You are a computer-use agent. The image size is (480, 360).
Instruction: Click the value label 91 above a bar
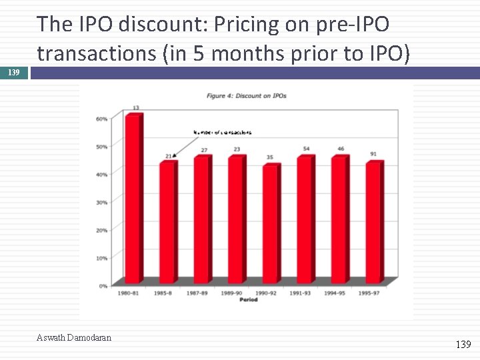tap(373, 154)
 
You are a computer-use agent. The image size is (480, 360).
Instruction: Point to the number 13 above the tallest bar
tap(135, 107)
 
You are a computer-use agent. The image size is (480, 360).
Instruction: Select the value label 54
tap(306, 149)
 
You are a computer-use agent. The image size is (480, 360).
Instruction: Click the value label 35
tap(270, 157)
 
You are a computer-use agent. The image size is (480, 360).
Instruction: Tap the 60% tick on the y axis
tap(102, 118)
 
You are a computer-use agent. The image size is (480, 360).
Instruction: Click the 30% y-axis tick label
tap(102, 202)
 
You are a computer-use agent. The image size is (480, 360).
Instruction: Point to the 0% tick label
tap(103, 286)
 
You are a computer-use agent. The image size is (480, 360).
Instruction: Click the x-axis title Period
tap(248, 299)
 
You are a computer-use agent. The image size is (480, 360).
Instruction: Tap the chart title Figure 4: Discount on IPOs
tap(247, 95)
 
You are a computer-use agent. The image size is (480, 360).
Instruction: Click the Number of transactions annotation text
tap(222, 133)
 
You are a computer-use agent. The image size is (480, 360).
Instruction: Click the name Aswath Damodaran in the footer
tap(74, 337)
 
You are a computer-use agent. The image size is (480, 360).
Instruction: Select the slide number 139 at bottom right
tap(463, 344)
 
